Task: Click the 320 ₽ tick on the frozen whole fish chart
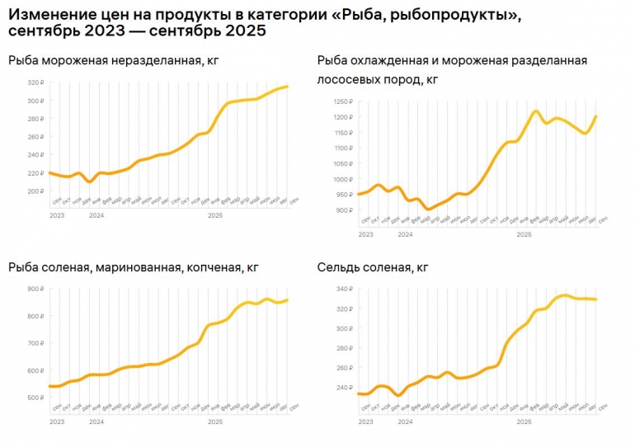tap(35, 82)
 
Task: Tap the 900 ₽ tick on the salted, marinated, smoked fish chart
tap(35, 289)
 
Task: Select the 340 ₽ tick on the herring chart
tap(342, 289)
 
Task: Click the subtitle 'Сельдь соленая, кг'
tap(373, 267)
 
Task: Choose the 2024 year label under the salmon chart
tap(405, 235)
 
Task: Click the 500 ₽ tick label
tap(35, 398)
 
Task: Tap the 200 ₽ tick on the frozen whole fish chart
tap(35, 191)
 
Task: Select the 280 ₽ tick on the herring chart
tap(342, 348)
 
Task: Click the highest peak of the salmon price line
tap(536, 111)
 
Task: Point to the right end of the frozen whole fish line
tap(287, 87)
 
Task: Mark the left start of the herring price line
tap(358, 393)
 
